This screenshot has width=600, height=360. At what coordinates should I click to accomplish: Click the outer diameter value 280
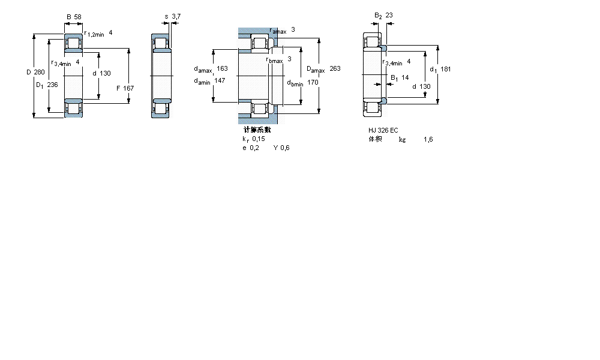coord(39,73)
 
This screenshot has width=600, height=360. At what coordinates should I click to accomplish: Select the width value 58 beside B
coord(77,17)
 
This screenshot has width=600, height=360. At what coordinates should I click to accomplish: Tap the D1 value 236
coord(52,85)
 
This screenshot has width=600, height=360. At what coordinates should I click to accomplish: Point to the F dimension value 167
coord(128,88)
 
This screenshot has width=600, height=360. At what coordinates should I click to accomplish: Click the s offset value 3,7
coord(176,16)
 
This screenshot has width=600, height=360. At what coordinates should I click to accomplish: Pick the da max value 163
coord(222,68)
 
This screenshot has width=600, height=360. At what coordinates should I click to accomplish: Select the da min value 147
coord(220,80)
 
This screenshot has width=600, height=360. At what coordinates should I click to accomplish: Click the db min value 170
coord(313,82)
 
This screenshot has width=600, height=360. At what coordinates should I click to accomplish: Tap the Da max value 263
coord(335,69)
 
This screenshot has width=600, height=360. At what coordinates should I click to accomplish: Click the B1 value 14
coord(405,77)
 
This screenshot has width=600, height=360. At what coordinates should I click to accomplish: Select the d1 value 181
coord(445,69)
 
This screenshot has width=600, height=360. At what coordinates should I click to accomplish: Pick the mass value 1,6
coord(428,139)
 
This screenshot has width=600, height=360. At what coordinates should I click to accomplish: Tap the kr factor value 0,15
coord(258,139)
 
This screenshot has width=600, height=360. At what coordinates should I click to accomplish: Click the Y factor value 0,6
coord(285,148)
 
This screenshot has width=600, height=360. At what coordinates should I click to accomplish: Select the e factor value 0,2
coord(255,148)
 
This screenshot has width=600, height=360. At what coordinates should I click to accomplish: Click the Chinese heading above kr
coord(257,130)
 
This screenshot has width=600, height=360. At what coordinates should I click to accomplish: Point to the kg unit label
coord(402,139)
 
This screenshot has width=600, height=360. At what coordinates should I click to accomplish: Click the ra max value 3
coord(293,29)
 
